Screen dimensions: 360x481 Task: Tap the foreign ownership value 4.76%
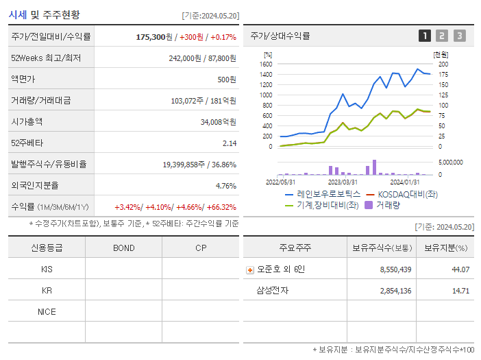[x=225, y=186]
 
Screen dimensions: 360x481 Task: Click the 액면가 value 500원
[x=227, y=80]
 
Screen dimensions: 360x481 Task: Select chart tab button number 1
[x=425, y=36]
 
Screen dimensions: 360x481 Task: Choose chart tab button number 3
[x=459, y=36]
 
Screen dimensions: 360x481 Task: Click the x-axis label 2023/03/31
[x=343, y=182]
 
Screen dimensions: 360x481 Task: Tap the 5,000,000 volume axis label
[x=449, y=163]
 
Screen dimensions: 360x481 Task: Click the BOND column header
[x=123, y=248]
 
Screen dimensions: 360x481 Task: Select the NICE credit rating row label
[x=47, y=311]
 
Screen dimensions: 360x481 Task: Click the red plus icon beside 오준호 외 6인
[x=250, y=269]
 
